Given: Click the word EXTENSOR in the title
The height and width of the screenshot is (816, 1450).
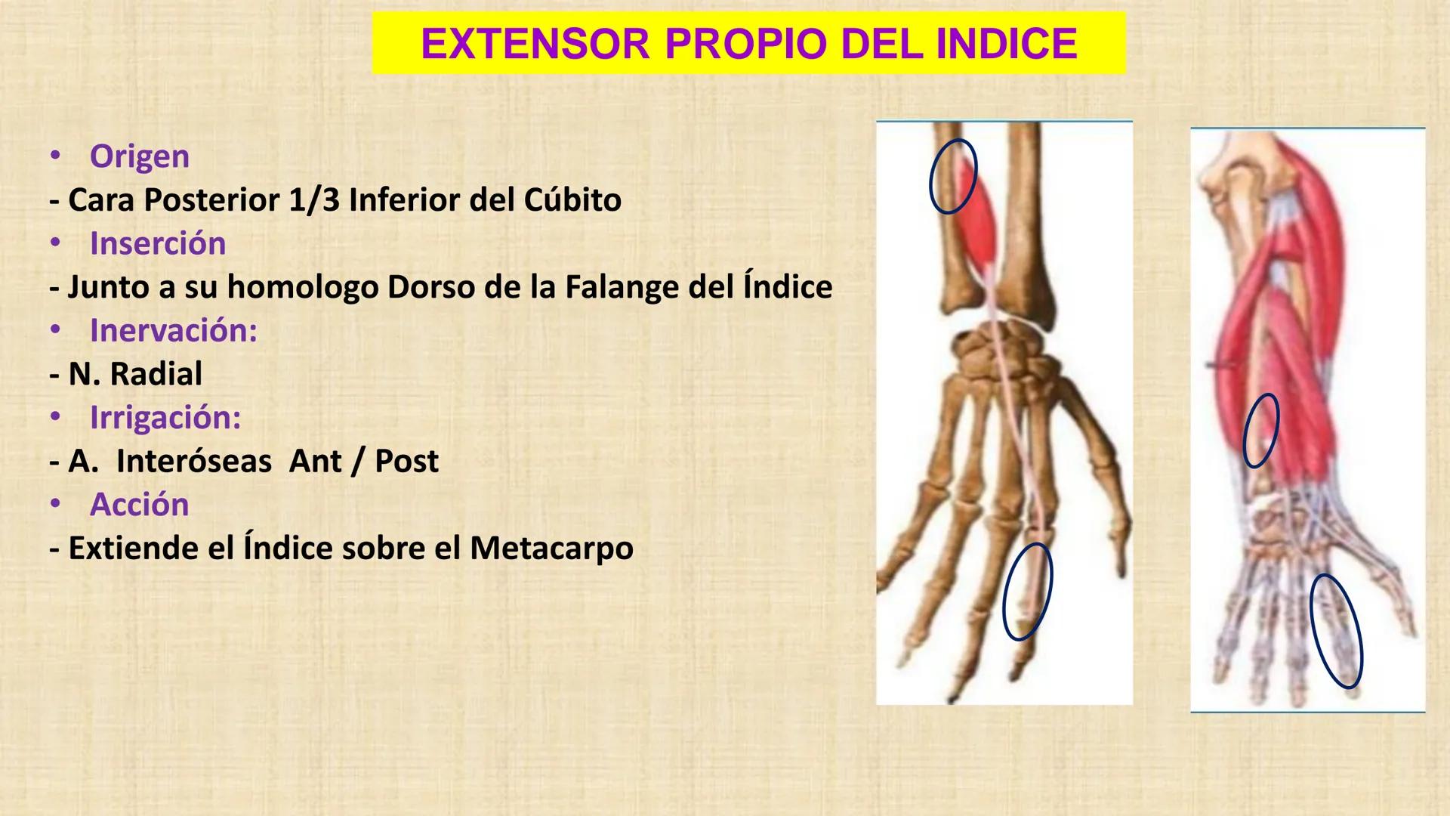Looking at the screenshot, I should coord(535,43).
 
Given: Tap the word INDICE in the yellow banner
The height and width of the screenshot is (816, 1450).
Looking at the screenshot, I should coord(1006,43).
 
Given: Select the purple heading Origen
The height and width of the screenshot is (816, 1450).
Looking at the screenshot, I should coord(139,156).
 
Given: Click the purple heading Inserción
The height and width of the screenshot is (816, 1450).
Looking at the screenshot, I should coord(157,243).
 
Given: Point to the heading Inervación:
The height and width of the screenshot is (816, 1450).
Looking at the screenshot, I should coord(173,330).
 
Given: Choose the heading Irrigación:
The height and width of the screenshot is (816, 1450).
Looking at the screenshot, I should coord(165,417).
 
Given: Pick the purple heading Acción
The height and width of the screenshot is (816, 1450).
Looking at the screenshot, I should coord(139,504).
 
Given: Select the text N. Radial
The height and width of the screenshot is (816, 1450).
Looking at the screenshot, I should coord(135,374).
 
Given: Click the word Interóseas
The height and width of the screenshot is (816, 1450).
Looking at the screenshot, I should coord(193,461).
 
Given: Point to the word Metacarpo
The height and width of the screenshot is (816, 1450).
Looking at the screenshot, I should coord(551,548).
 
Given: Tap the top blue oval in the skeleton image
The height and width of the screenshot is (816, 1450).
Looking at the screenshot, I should coord(952,176).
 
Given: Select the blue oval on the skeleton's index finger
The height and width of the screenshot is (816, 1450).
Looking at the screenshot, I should coord(1026,592).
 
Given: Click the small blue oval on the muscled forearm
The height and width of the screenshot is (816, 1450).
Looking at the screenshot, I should coord(1260,430).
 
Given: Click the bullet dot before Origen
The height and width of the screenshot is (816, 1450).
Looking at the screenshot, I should coord(54,156).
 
